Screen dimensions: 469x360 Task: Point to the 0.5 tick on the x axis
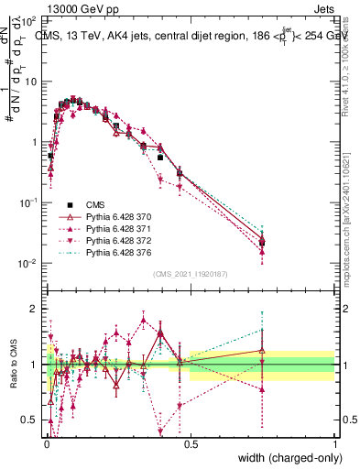pos(190,442)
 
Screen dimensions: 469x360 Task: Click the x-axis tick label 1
pos(334,442)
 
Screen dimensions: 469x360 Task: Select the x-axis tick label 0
pos(46,442)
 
